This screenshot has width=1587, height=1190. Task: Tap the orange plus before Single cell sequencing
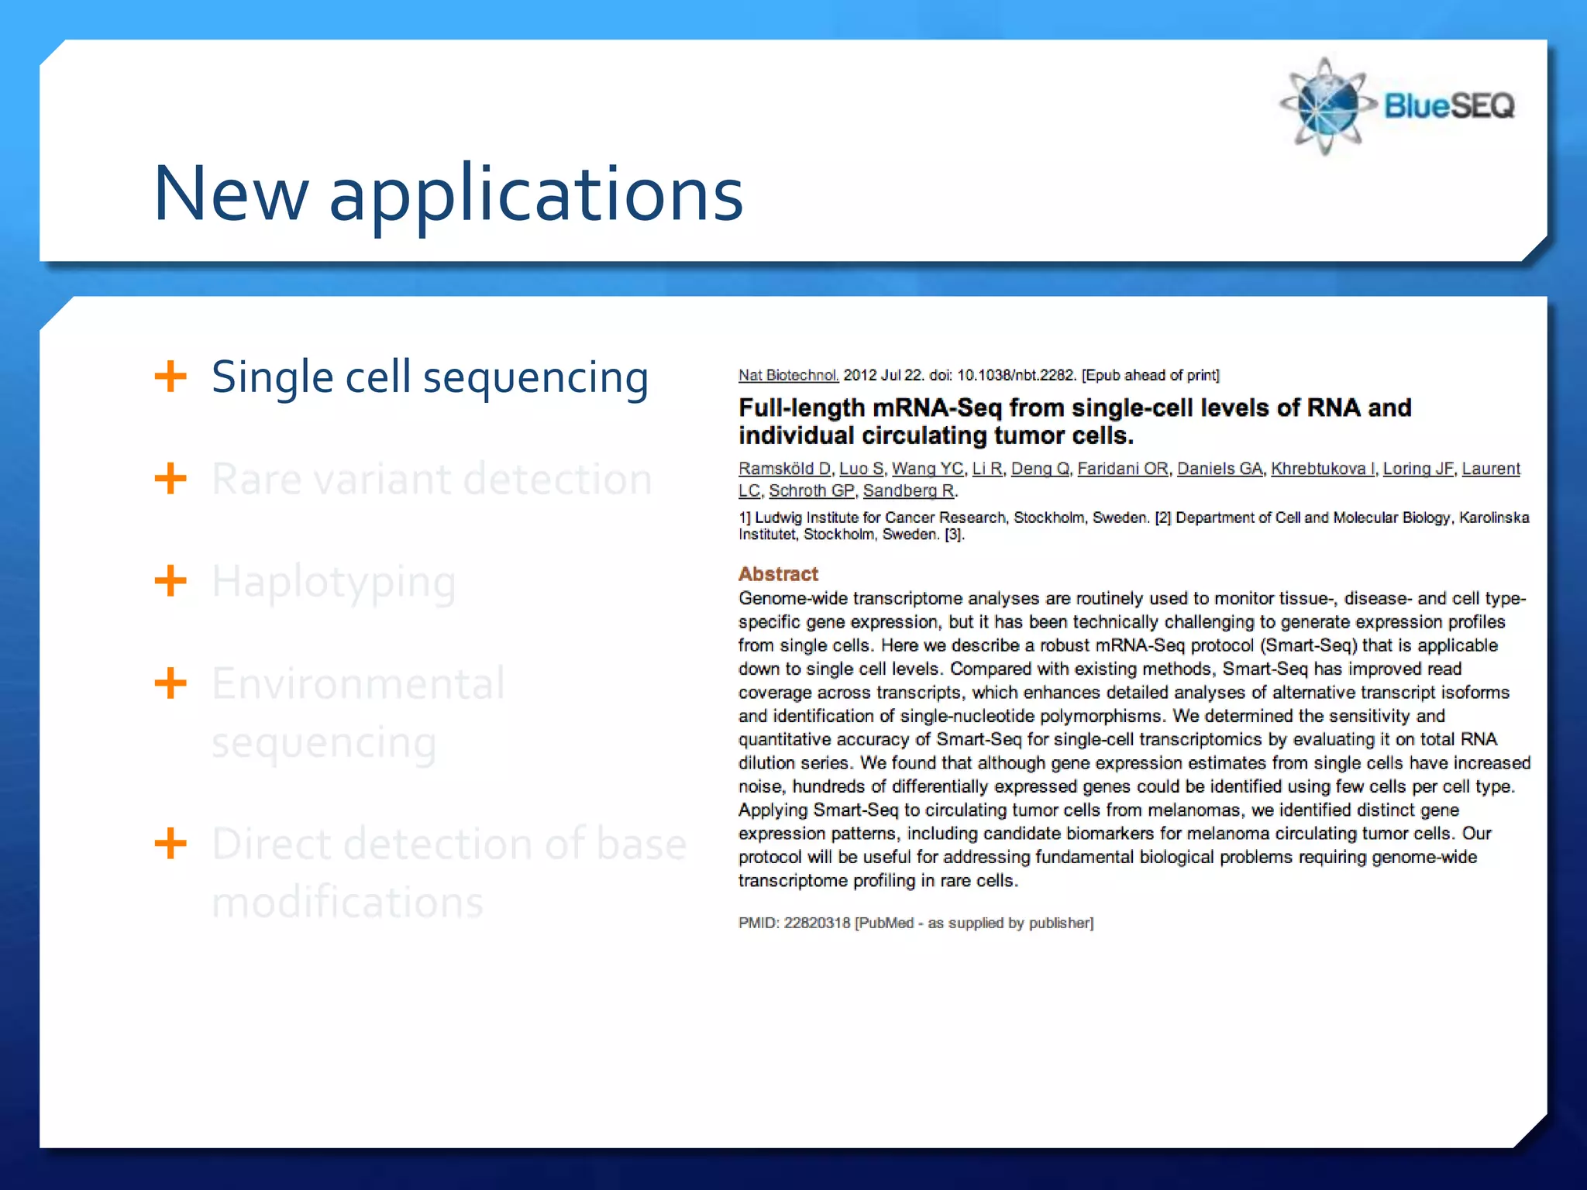(170, 377)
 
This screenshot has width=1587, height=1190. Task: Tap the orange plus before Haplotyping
(170, 581)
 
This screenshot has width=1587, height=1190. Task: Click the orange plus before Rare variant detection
(170, 479)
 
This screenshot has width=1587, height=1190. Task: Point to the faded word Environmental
(358, 683)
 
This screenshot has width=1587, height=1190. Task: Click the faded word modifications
(347, 902)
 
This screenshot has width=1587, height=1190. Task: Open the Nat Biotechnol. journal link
(788, 375)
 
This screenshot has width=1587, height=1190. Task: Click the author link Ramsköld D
(784, 469)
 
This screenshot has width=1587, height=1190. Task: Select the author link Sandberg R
(909, 490)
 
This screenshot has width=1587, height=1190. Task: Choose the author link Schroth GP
(811, 490)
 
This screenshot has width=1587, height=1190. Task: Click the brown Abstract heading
(778, 574)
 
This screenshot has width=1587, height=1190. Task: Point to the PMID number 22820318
(817, 923)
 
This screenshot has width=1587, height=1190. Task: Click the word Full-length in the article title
(801, 408)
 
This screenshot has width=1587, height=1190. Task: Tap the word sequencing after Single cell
(535, 378)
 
